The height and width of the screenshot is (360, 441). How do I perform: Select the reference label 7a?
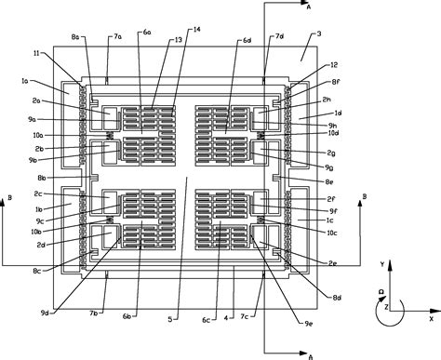click(x=117, y=36)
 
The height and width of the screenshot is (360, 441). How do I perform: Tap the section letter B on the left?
click(x=8, y=197)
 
